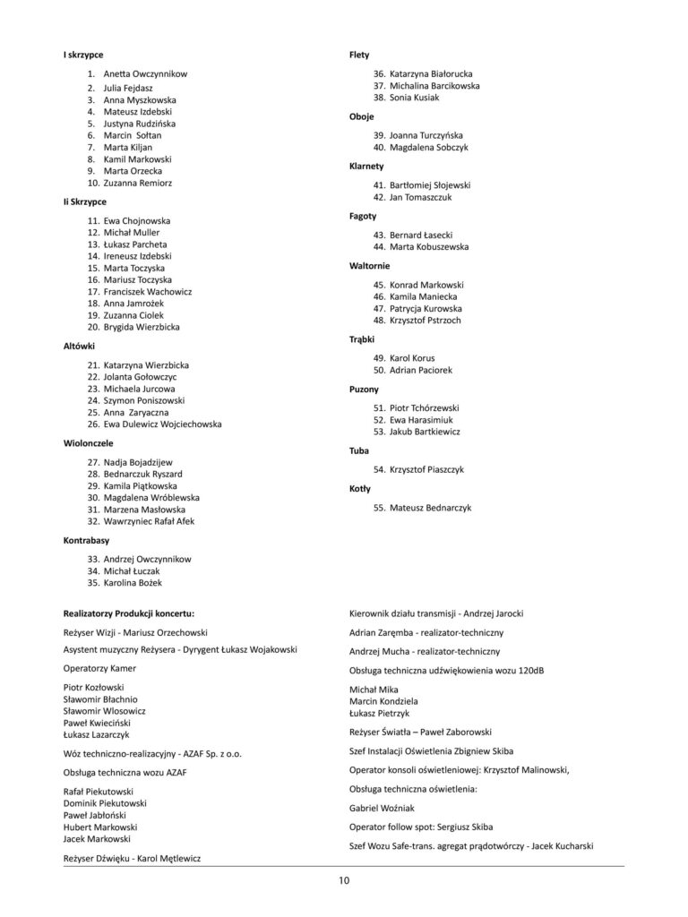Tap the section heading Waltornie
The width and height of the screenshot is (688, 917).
[x=369, y=266]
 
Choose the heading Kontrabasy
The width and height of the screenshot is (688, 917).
[x=86, y=542]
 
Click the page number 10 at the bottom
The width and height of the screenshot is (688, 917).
[x=344, y=880]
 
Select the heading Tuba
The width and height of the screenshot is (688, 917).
[x=359, y=450]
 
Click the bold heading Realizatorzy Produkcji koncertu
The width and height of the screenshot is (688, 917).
[x=129, y=614]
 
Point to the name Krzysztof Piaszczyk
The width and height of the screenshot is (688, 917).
[x=426, y=469]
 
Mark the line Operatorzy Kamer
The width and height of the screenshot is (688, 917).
[x=99, y=668]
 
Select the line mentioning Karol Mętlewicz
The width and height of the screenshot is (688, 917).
[x=132, y=858]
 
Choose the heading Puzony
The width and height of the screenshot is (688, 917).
[x=364, y=390]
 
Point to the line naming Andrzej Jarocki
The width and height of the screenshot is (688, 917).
[x=435, y=614]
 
